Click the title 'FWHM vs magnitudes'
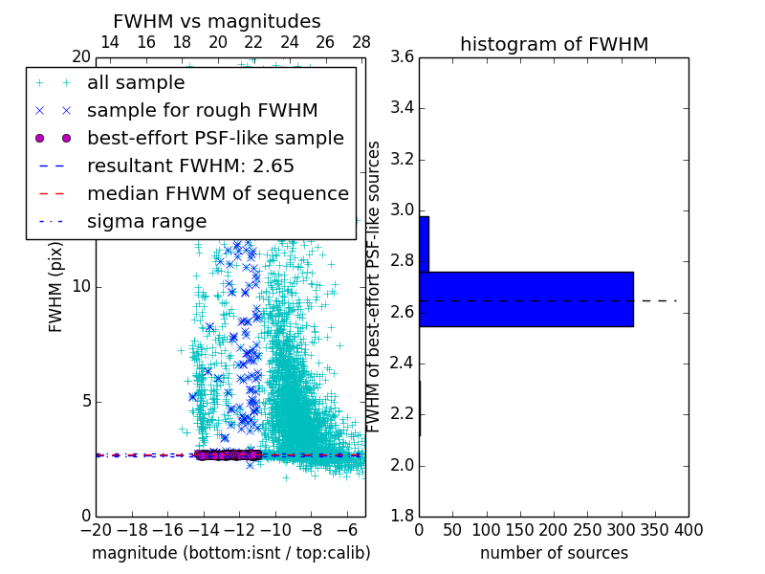[217, 21]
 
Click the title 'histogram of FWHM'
[554, 44]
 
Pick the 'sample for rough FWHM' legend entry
[202, 111]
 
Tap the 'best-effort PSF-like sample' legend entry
[215, 139]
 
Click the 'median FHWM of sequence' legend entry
[217, 194]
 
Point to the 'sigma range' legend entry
[146, 222]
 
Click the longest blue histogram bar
[526, 298]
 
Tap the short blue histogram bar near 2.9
[424, 244]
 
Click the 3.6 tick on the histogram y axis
[403, 56]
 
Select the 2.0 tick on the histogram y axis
[403, 465]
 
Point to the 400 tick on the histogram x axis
[688, 529]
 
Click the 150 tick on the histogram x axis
[520, 529]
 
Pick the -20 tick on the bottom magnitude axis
[96, 529]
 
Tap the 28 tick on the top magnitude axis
[361, 42]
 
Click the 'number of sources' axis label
[554, 553]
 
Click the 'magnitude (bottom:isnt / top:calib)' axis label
[230, 553]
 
